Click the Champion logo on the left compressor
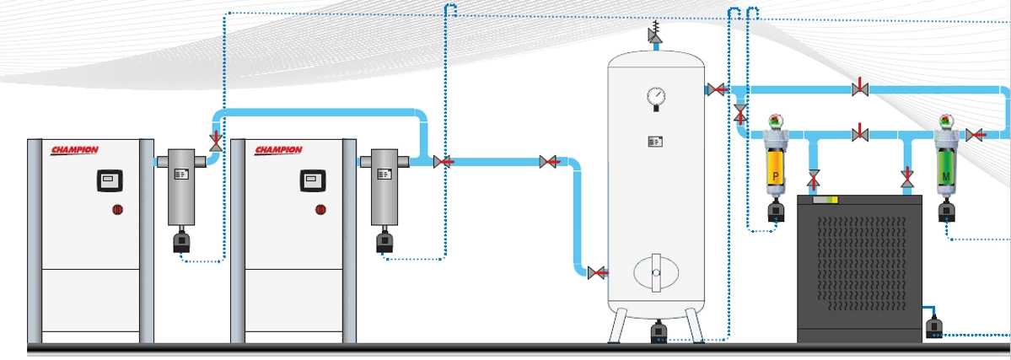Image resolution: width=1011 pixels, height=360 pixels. tap(75, 150)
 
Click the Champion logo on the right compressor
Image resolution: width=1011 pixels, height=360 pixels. tap(277, 150)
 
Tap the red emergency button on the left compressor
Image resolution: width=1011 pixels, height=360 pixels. tap(118, 209)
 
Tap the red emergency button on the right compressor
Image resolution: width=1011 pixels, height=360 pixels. tap(320, 209)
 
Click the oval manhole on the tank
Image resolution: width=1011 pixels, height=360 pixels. tap(655, 272)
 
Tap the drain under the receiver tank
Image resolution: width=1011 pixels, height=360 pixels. tap(656, 333)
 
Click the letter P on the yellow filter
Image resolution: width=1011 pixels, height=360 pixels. tap(774, 178)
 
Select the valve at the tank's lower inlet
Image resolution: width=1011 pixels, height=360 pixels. tap(597, 272)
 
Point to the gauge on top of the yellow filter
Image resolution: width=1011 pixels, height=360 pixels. tap(774, 121)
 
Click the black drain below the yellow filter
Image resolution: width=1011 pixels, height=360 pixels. tap(774, 216)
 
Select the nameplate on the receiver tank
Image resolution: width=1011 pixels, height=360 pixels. tap(655, 142)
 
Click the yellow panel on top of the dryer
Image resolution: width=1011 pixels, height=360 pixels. tap(827, 200)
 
